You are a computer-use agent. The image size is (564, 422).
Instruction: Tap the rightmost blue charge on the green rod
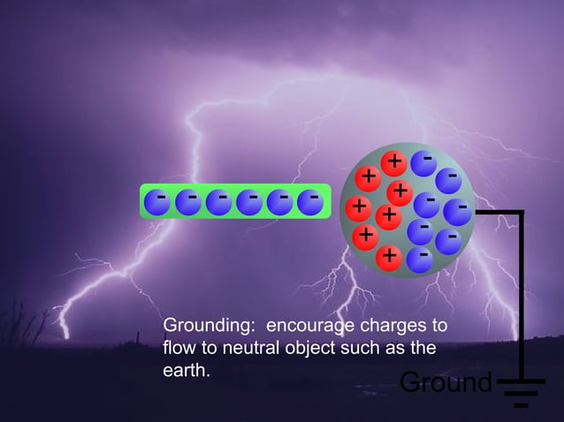310,202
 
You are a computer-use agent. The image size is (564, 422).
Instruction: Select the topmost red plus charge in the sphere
394,162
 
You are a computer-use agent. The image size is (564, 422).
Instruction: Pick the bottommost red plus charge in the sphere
388,258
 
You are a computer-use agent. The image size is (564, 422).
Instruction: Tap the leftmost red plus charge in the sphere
358,208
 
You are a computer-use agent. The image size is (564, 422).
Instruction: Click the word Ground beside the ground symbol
445,383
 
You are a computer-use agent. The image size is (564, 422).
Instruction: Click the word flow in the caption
180,349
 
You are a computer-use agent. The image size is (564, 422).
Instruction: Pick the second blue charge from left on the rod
188,202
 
